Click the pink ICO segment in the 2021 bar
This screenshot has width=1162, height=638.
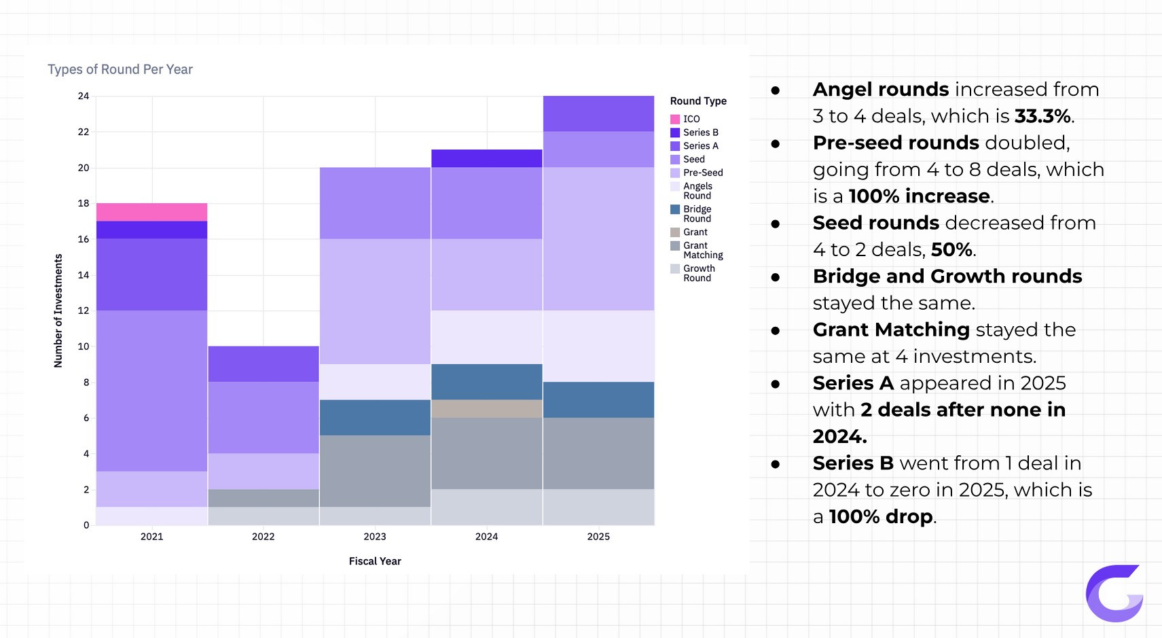point(151,212)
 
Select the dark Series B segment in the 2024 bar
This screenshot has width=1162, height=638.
point(486,158)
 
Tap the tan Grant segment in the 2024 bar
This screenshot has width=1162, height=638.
point(486,408)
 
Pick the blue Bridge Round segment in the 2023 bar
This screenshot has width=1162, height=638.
point(375,417)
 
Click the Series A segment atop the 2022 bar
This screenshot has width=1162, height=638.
point(263,364)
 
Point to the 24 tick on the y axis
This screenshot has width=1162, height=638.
point(84,96)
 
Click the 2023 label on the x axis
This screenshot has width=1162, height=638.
point(375,536)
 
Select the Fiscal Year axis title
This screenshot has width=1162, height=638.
point(375,561)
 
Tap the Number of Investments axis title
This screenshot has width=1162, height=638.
point(58,311)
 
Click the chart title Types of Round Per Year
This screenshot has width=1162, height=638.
point(120,69)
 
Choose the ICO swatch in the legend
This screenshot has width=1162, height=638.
point(675,119)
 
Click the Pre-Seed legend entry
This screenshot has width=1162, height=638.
point(703,173)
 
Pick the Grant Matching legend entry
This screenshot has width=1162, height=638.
point(703,250)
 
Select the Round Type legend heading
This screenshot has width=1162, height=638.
point(698,101)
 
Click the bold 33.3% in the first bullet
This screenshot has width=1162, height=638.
point(1042,116)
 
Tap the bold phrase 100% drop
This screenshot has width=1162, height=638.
point(881,516)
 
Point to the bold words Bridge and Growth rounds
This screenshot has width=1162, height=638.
point(947,276)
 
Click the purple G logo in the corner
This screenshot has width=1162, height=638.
point(1114,593)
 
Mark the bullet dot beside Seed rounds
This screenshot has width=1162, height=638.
point(776,224)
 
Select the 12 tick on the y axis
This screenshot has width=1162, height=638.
point(84,311)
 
